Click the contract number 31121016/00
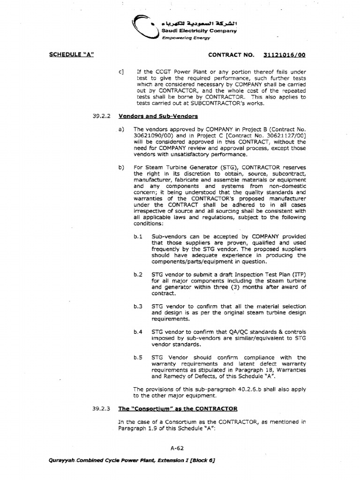284,55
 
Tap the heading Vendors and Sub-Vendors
158,115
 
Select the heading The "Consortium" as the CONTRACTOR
178,408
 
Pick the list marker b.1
137,236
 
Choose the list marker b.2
137,274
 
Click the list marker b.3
137,306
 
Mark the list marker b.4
137,332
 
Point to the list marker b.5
137,357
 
